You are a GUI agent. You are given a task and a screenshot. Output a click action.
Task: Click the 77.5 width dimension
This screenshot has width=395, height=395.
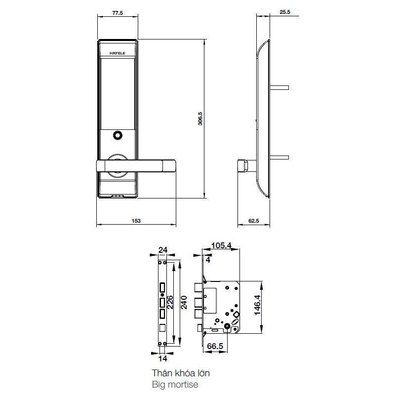pyautogui.click(x=118, y=13)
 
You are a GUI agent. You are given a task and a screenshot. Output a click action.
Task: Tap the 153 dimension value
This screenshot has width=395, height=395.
pyautogui.click(x=135, y=221)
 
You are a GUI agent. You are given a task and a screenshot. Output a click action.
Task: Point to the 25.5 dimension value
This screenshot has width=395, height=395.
pyautogui.click(x=284, y=13)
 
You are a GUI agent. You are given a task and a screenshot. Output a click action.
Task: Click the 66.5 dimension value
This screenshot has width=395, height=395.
pyautogui.click(x=215, y=347)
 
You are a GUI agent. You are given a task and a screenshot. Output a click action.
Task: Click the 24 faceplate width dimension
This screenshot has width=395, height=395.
pyautogui.click(x=162, y=249)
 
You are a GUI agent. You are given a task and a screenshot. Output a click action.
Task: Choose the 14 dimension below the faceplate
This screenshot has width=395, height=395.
pyautogui.click(x=163, y=358)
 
